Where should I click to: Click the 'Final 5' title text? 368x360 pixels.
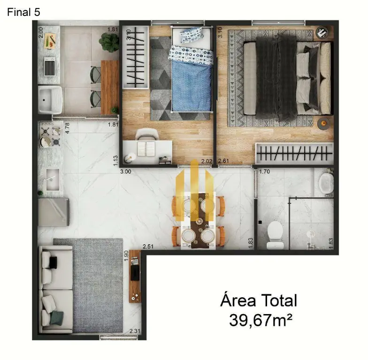pos(23,12)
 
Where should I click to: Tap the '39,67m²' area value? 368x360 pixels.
pos(261,321)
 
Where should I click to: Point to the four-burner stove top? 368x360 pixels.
pos(50,135)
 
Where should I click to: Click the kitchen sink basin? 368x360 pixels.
pos(53,180)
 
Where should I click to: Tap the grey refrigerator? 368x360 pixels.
pos(54,212)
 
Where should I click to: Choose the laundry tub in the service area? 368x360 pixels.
pos(50,99)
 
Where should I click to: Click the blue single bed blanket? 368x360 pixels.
pos(192,85)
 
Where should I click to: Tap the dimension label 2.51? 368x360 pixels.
pos(148,247)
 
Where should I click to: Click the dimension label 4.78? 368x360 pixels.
pos(68,128)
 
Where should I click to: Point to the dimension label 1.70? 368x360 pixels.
pos(264,172)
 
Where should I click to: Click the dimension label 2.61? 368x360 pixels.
pos(223,161)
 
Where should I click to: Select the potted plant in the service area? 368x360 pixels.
pos(109,42)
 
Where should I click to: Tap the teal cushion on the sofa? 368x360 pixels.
pos(56,318)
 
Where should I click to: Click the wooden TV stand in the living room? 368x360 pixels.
pos(135,276)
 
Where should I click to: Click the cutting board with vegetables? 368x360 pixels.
pos(50,41)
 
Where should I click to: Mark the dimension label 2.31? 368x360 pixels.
pos(135,331)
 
